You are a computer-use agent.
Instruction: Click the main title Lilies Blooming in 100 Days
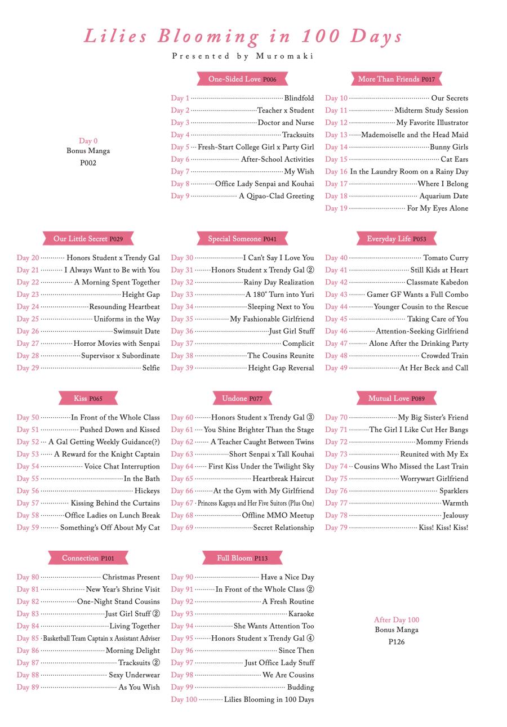tap(243, 36)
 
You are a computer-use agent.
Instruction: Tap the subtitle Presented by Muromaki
tap(243, 56)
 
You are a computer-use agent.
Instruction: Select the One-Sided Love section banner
tap(242, 79)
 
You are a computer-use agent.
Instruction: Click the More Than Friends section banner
tap(396, 79)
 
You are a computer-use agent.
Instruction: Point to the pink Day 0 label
tap(88, 141)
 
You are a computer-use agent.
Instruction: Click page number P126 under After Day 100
tap(397, 642)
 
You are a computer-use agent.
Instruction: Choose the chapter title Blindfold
tap(299, 98)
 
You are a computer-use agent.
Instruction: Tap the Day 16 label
tap(336, 172)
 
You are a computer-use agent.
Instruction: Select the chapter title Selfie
tap(151, 368)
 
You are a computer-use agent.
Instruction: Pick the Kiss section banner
tap(88, 399)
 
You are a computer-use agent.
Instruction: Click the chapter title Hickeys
tap(147, 491)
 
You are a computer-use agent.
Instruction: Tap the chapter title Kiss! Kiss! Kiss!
tap(443, 528)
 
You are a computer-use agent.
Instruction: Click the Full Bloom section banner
tap(242, 558)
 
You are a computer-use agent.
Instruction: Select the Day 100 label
tap(184, 699)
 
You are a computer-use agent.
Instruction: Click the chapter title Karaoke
tap(301, 614)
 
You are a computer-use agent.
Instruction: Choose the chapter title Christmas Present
tap(131, 577)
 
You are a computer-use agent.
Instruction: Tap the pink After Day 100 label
tap(397, 620)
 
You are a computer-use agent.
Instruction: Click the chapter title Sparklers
tap(453, 491)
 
